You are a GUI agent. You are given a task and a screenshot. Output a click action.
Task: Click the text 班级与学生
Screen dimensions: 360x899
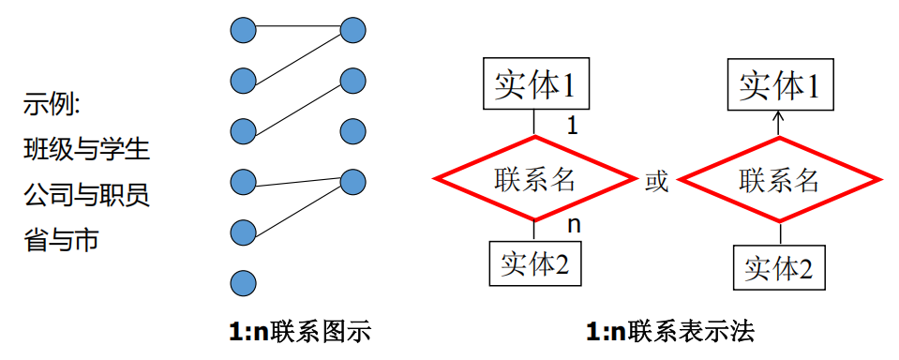(86, 149)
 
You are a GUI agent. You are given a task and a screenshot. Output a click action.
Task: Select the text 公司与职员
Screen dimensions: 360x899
(86, 195)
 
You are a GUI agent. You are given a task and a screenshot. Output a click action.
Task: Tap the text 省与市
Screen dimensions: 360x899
(61, 241)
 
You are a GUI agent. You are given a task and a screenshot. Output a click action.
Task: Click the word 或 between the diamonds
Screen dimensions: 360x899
(656, 181)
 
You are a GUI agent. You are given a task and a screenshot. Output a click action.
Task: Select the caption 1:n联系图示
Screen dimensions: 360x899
(299, 332)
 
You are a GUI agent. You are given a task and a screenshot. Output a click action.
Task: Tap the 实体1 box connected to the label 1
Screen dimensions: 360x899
(534, 86)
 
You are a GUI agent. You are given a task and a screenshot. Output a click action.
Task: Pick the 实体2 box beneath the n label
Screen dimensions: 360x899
(534, 264)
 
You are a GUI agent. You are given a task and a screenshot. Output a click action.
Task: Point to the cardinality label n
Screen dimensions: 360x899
(574, 226)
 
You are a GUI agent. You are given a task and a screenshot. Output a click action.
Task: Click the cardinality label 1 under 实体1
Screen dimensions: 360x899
(573, 126)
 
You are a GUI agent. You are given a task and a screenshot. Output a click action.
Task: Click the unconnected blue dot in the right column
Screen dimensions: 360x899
(352, 129)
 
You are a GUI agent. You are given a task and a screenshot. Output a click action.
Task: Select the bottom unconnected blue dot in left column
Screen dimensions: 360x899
(243, 281)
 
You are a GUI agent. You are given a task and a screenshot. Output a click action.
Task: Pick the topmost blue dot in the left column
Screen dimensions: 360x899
(243, 31)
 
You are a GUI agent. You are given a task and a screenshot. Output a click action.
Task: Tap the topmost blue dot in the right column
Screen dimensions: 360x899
(352, 31)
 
